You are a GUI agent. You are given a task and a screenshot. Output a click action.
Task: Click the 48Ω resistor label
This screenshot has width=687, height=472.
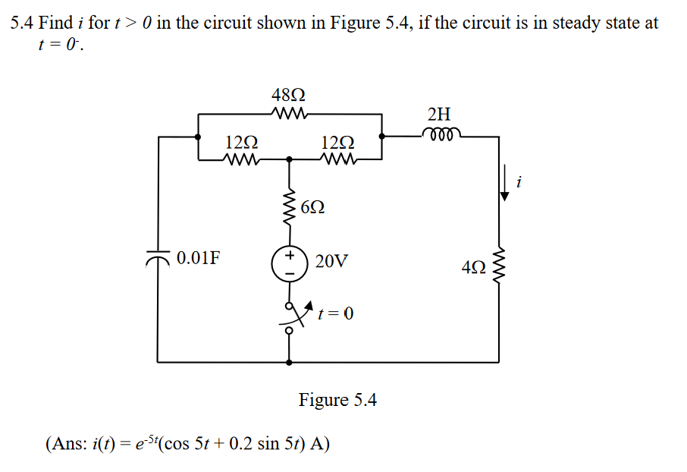(289, 96)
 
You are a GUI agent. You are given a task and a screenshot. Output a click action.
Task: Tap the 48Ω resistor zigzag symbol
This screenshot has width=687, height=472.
(289, 115)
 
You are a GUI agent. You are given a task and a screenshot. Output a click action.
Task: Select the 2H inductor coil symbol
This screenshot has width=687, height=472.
(438, 134)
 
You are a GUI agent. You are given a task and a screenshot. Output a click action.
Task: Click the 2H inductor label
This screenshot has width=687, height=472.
(438, 115)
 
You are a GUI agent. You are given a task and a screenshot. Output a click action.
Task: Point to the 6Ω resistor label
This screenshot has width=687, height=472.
(313, 207)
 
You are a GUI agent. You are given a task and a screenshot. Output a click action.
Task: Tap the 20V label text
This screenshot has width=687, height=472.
(331, 262)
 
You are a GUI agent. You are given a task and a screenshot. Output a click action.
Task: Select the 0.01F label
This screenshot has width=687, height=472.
(199, 258)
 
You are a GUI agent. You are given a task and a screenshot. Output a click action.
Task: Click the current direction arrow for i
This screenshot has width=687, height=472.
(503, 187)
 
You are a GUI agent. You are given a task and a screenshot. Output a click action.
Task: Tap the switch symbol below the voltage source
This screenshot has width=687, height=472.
(290, 317)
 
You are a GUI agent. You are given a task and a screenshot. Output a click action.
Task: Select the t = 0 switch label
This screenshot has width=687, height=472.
(335, 313)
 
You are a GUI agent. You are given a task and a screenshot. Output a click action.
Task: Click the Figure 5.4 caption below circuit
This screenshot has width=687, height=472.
(337, 399)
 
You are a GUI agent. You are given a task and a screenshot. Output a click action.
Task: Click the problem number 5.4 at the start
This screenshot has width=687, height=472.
(22, 23)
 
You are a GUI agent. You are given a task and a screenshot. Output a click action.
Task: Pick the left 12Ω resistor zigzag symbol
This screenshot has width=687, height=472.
(242, 160)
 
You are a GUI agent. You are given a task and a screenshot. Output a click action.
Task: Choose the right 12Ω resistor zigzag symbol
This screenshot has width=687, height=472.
(336, 160)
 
